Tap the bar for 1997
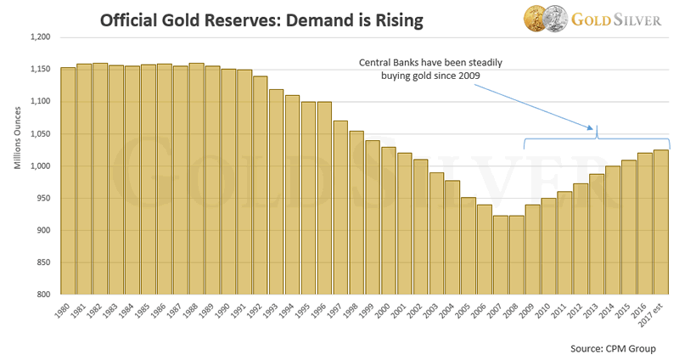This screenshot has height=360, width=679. (x=340, y=207)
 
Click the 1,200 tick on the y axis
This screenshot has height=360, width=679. (x=40, y=37)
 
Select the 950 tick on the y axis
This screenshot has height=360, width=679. (x=43, y=198)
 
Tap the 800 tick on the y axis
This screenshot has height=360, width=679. (x=43, y=295)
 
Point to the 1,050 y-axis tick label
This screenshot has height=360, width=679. (x=40, y=134)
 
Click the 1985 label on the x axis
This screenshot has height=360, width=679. (x=145, y=310)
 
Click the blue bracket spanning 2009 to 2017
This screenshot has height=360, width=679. (x=598, y=138)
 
